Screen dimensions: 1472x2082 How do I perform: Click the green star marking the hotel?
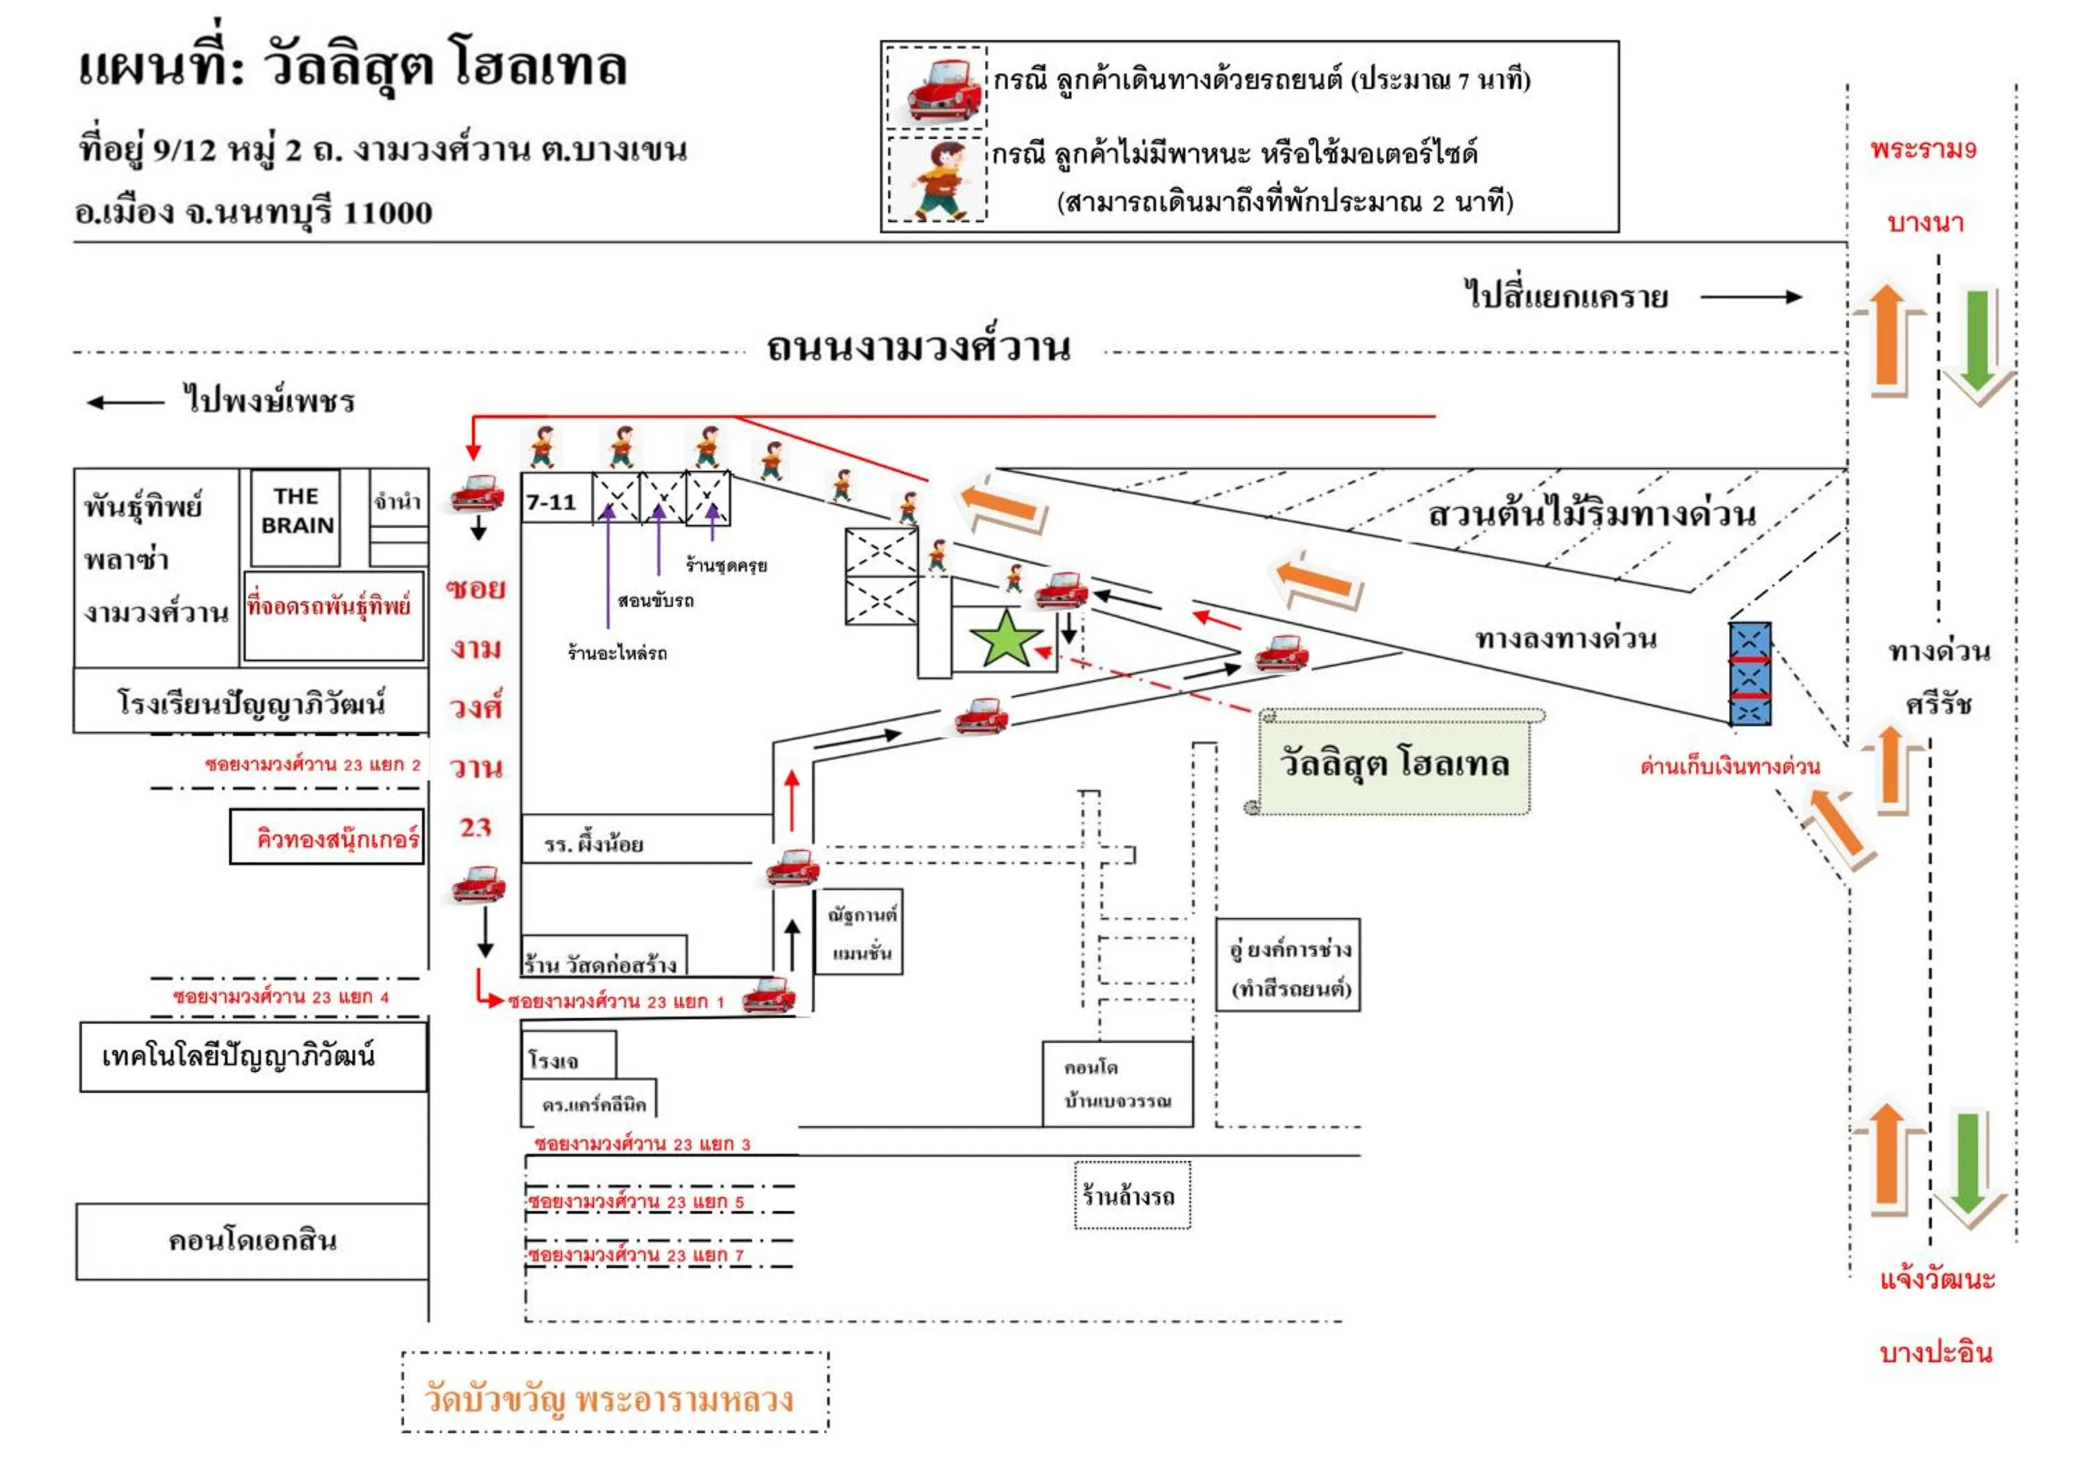(1006, 639)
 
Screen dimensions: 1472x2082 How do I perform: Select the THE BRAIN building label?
(296, 512)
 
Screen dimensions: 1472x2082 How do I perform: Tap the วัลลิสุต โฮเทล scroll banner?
(1395, 763)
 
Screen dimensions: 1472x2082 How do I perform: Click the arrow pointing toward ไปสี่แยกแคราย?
(1750, 296)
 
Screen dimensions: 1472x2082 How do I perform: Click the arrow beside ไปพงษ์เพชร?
(125, 403)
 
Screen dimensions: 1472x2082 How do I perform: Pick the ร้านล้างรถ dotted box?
(1132, 1196)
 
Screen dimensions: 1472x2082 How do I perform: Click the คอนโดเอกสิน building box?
(252, 1241)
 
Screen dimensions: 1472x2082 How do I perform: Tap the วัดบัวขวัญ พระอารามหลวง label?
(609, 1398)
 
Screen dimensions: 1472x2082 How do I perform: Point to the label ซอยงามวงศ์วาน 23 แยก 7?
(636, 1255)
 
